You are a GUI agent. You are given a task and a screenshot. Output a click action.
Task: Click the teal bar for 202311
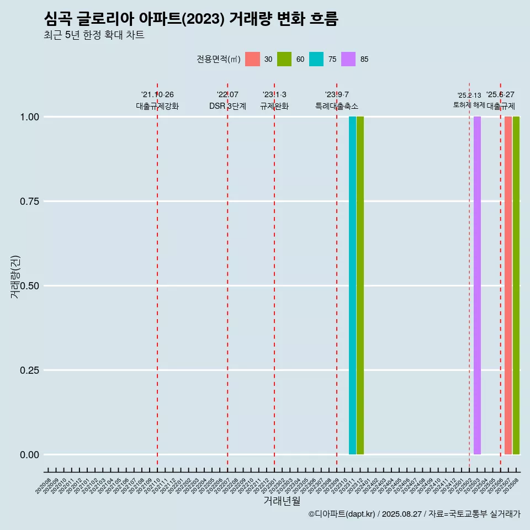tap(352, 285)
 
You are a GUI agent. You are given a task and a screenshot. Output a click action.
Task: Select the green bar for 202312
tap(360, 285)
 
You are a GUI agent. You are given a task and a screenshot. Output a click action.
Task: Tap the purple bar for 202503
tap(477, 285)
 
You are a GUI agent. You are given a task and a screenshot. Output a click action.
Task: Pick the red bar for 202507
tap(508, 285)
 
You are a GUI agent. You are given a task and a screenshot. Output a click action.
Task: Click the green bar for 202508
tap(516, 285)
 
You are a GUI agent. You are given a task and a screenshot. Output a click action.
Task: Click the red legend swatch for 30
tap(252, 59)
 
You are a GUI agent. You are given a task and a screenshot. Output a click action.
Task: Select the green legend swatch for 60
tap(284, 59)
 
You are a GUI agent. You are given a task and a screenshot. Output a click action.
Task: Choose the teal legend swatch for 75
tap(316, 59)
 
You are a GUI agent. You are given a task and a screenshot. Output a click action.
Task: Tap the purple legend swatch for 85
tap(348, 59)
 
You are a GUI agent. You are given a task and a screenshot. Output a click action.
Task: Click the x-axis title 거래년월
tap(282, 501)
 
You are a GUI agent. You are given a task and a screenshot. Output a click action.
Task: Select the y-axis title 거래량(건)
tap(15, 277)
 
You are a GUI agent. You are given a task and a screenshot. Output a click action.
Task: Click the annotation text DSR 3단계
tap(227, 106)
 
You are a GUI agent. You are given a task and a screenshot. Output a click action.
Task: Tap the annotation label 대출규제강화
tap(157, 106)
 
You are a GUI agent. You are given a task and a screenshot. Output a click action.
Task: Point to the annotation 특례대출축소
tap(337, 106)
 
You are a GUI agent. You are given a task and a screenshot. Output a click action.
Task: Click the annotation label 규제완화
tap(274, 106)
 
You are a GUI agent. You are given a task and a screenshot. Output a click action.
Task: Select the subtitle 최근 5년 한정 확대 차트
tap(94, 35)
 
